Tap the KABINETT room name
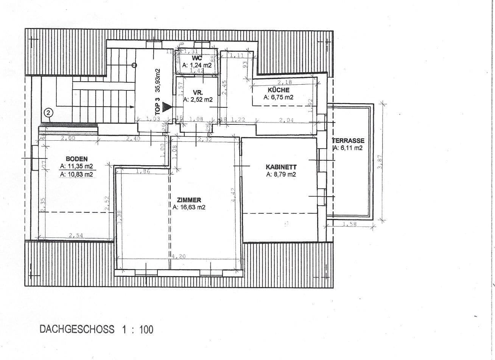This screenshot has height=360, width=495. pos(281,167)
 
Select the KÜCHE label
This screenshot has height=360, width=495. pos(278,90)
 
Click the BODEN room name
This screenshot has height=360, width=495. pos(76,159)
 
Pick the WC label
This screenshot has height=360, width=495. pos(197,58)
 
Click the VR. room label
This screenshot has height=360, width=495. pos(198,92)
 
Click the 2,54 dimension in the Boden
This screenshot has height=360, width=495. pos(76,236)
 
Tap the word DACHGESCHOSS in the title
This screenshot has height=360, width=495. pos(77,329)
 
